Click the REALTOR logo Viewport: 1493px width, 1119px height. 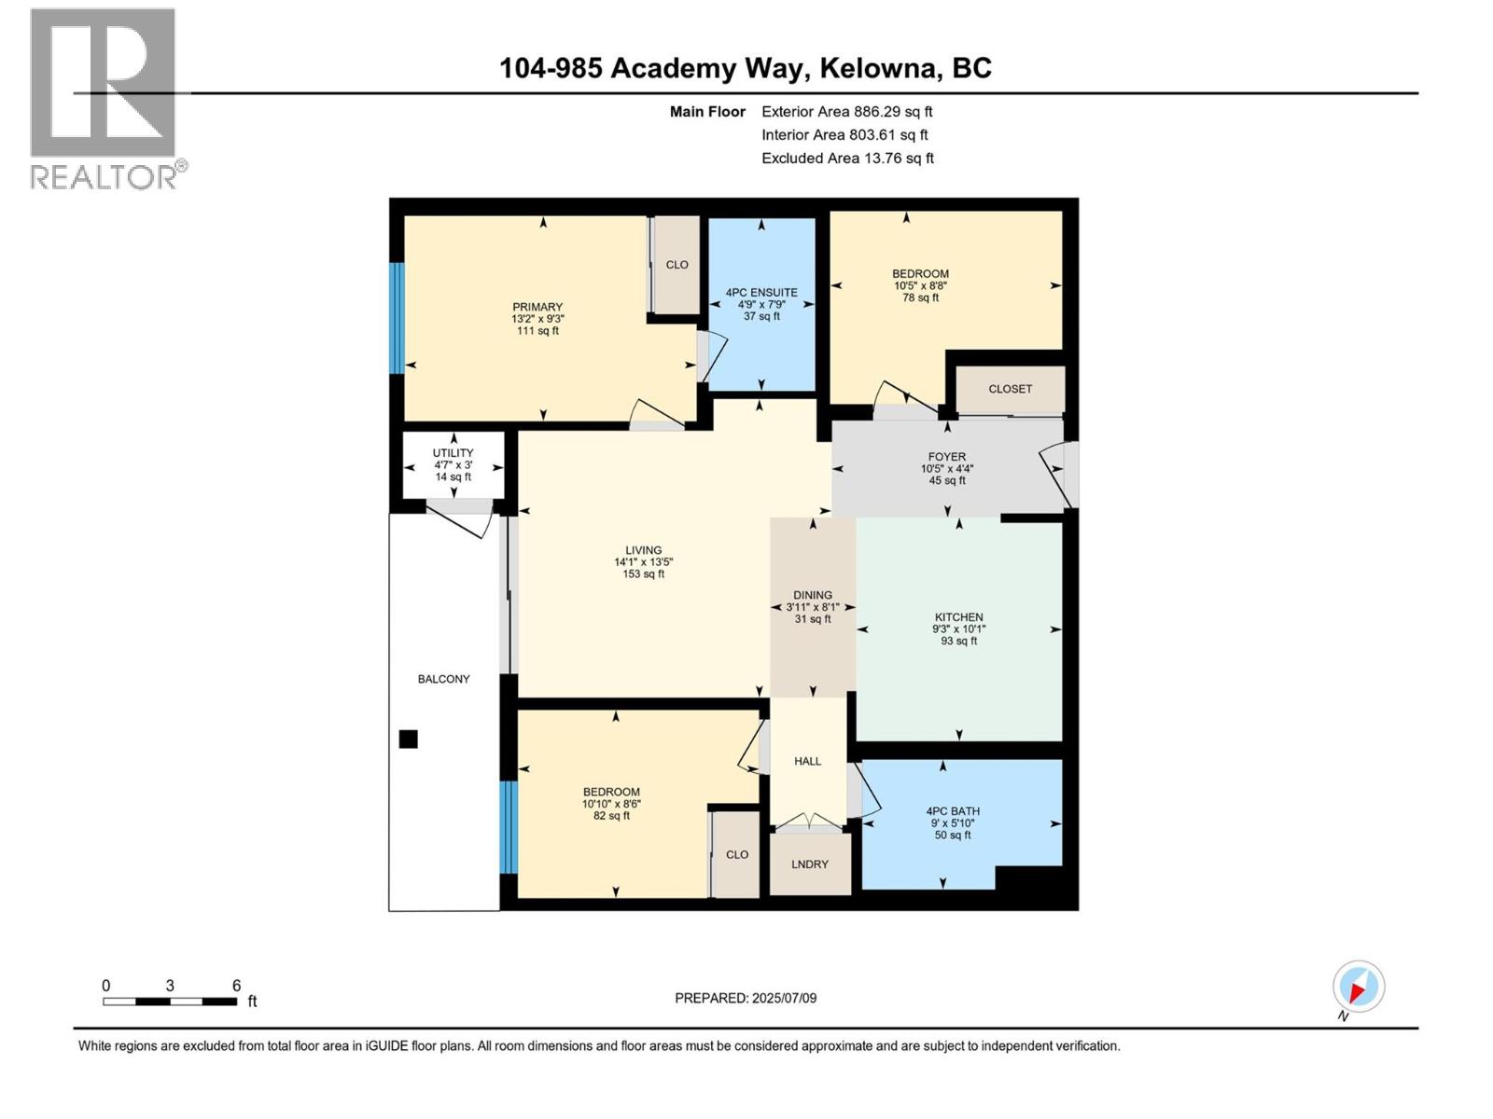pyautogui.click(x=105, y=98)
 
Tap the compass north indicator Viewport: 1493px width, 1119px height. pyautogui.click(x=1358, y=987)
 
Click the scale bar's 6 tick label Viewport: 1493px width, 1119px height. pyautogui.click(x=236, y=985)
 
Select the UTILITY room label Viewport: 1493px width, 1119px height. pyautogui.click(x=453, y=453)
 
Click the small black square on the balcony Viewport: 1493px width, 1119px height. pyautogui.click(x=408, y=739)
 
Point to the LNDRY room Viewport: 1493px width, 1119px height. pyautogui.click(x=810, y=864)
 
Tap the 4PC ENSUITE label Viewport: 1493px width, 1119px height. pyautogui.click(x=761, y=293)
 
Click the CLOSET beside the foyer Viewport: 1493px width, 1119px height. pyautogui.click(x=1011, y=389)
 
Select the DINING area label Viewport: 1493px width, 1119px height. pyautogui.click(x=813, y=595)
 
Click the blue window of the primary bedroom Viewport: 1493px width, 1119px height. pyautogui.click(x=397, y=318)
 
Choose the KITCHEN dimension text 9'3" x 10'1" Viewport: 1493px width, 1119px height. pyautogui.click(x=958, y=629)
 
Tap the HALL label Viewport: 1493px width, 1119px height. pyautogui.click(x=807, y=761)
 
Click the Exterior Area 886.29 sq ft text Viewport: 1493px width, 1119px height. pyautogui.click(x=846, y=112)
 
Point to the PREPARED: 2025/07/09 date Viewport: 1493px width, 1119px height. pyautogui.click(x=746, y=998)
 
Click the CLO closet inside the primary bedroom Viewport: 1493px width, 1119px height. pyautogui.click(x=677, y=265)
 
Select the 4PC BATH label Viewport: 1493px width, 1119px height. pyautogui.click(x=953, y=811)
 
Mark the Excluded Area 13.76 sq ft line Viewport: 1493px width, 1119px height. pyautogui.click(x=846, y=159)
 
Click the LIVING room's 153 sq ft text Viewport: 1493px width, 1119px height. pyautogui.click(x=643, y=574)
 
